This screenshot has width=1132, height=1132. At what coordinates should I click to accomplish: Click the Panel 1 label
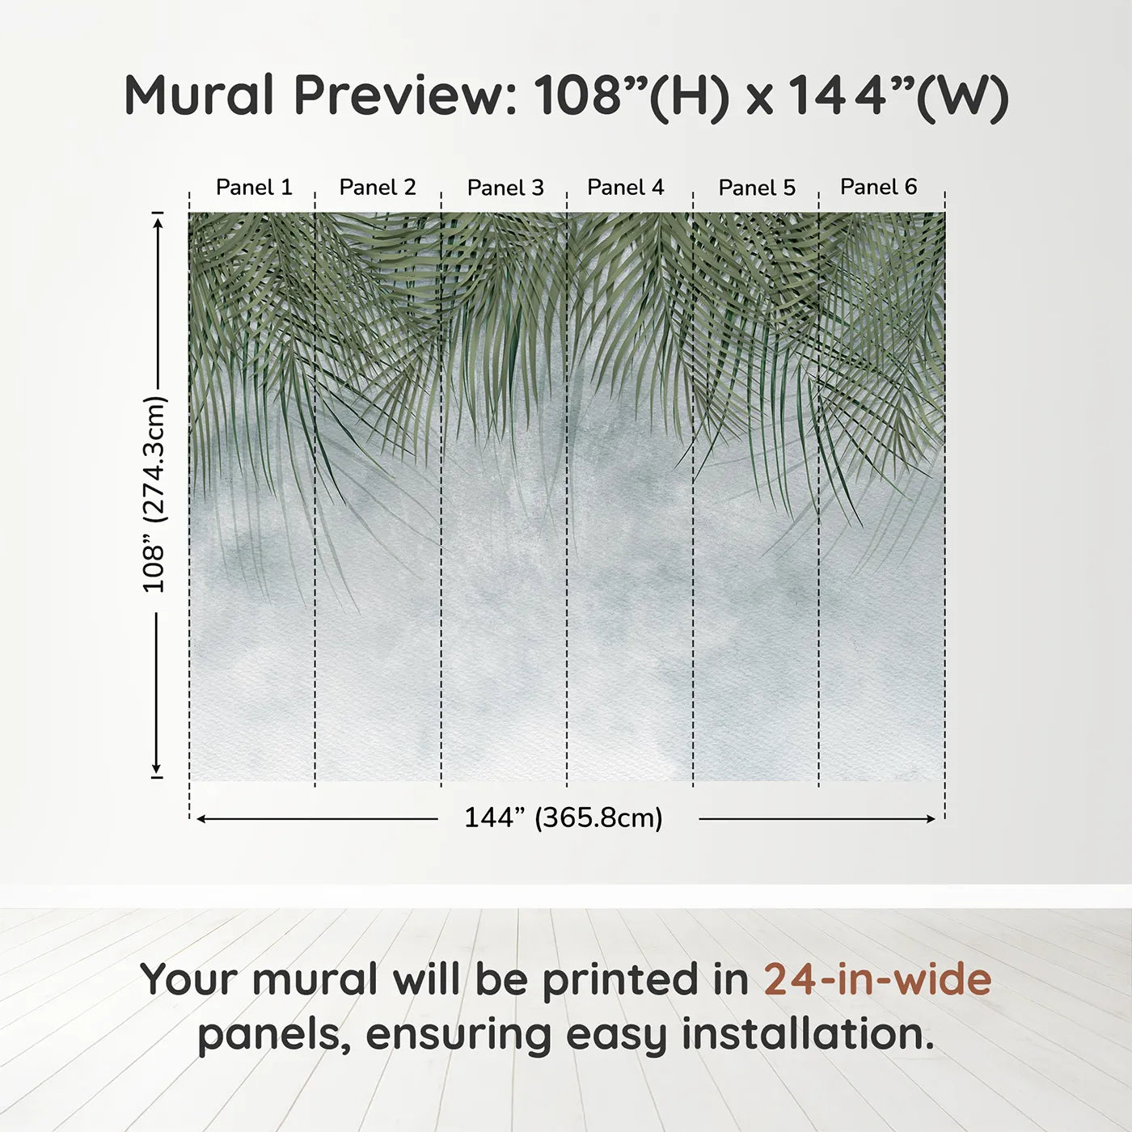click(x=254, y=188)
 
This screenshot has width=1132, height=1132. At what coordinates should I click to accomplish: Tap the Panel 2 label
click(x=378, y=188)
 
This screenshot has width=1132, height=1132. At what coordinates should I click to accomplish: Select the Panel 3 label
click(x=505, y=188)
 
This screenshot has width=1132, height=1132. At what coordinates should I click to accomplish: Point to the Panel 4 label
click(x=626, y=188)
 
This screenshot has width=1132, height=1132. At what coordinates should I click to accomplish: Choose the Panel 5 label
click(x=757, y=188)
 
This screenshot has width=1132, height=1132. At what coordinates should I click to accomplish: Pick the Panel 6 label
click(x=878, y=188)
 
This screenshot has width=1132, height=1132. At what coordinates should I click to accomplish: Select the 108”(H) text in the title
click(x=631, y=95)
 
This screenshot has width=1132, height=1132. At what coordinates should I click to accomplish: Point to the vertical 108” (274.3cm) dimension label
click(x=154, y=494)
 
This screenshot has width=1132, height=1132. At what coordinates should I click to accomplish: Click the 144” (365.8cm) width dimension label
click(x=564, y=818)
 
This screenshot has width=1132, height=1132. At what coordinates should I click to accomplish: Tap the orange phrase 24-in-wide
click(x=877, y=979)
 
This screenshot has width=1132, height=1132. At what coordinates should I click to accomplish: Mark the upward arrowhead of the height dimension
click(x=158, y=221)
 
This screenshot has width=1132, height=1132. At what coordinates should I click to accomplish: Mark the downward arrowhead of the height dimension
click(x=158, y=770)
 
